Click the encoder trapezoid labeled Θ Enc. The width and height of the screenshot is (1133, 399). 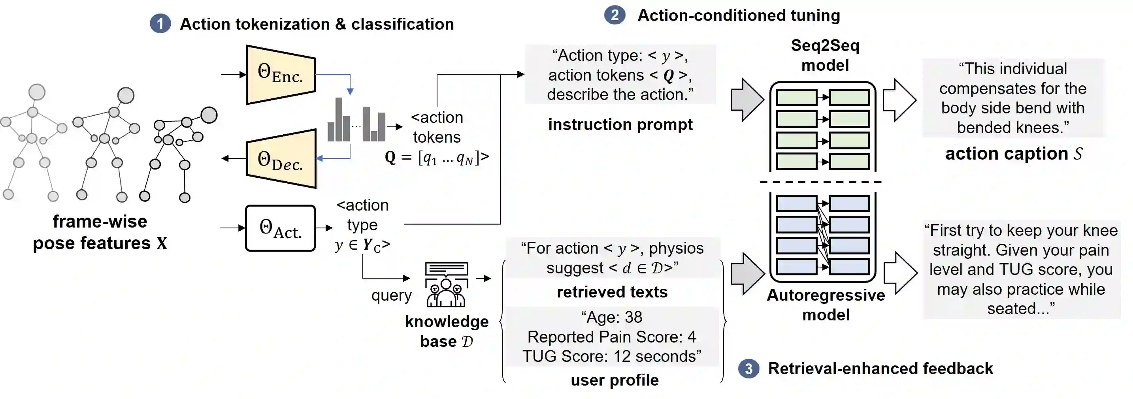pos(281,74)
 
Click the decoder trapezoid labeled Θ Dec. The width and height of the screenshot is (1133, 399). pos(281,159)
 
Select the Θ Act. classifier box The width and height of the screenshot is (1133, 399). pos(280,228)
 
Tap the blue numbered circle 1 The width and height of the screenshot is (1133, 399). pos(160,24)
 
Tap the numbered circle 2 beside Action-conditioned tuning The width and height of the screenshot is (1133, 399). pos(614,15)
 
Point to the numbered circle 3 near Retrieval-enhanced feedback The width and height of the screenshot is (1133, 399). pos(748,369)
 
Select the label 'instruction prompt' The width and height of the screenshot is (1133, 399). pos(620,124)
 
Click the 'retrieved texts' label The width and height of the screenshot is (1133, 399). pos(612,292)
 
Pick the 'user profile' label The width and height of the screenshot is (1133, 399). pos(615,380)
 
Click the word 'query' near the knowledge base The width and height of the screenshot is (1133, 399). pos(391,295)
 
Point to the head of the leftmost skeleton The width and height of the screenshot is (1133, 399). pos(37,92)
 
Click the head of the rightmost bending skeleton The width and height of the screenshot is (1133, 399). pos(209,115)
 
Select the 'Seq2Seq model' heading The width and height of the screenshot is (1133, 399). pos(825,55)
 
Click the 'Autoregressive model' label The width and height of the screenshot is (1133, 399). pos(826,305)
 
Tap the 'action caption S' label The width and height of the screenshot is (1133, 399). pos(1013,154)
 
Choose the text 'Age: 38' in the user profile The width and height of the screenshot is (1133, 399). pos(611,317)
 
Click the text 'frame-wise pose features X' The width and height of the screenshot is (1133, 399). pos(100,232)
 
